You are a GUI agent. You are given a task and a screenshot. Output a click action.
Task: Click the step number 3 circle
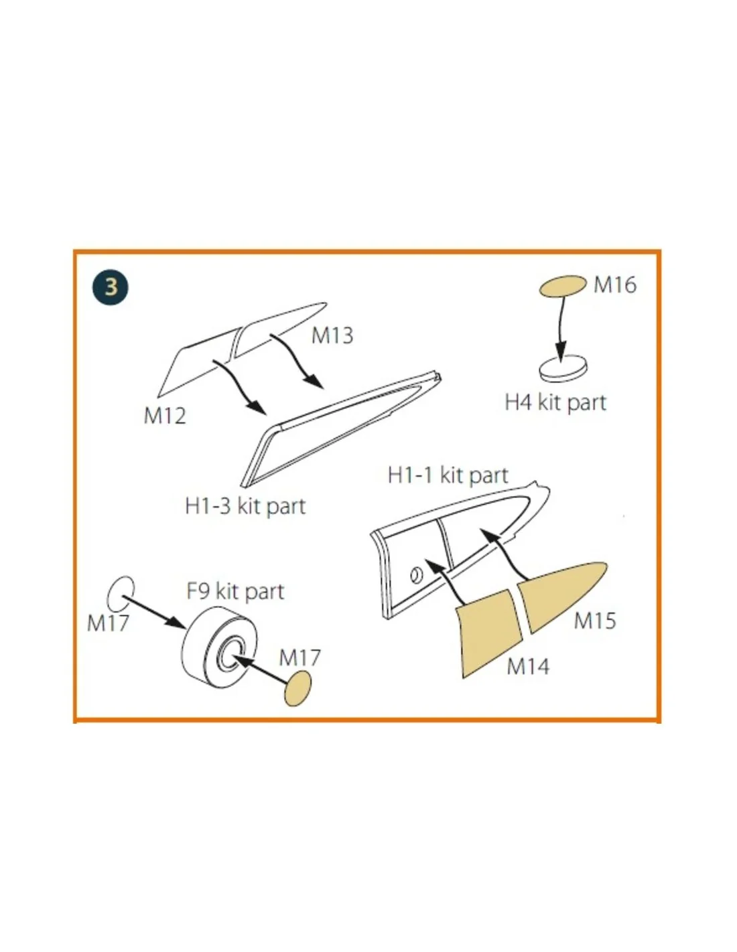tap(111, 287)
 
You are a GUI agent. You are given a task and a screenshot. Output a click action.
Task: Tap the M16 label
tap(614, 285)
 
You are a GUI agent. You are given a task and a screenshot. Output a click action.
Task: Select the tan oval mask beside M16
tap(563, 286)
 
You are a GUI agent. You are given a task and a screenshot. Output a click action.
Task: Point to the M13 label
tap(332, 335)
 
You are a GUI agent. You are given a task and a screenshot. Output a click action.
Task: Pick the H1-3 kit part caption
tap(245, 506)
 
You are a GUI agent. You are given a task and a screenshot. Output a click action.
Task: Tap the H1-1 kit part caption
tap(448, 475)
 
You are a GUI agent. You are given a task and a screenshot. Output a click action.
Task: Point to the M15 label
tap(595, 621)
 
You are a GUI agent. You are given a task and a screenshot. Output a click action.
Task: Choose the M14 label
tap(528, 667)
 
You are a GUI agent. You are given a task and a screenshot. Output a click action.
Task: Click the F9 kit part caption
tap(235, 591)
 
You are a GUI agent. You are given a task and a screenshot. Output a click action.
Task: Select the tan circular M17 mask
tap(297, 688)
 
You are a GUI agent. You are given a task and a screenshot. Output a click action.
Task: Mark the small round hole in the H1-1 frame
tap(417, 576)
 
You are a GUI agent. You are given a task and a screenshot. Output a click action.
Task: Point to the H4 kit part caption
tap(555, 402)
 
